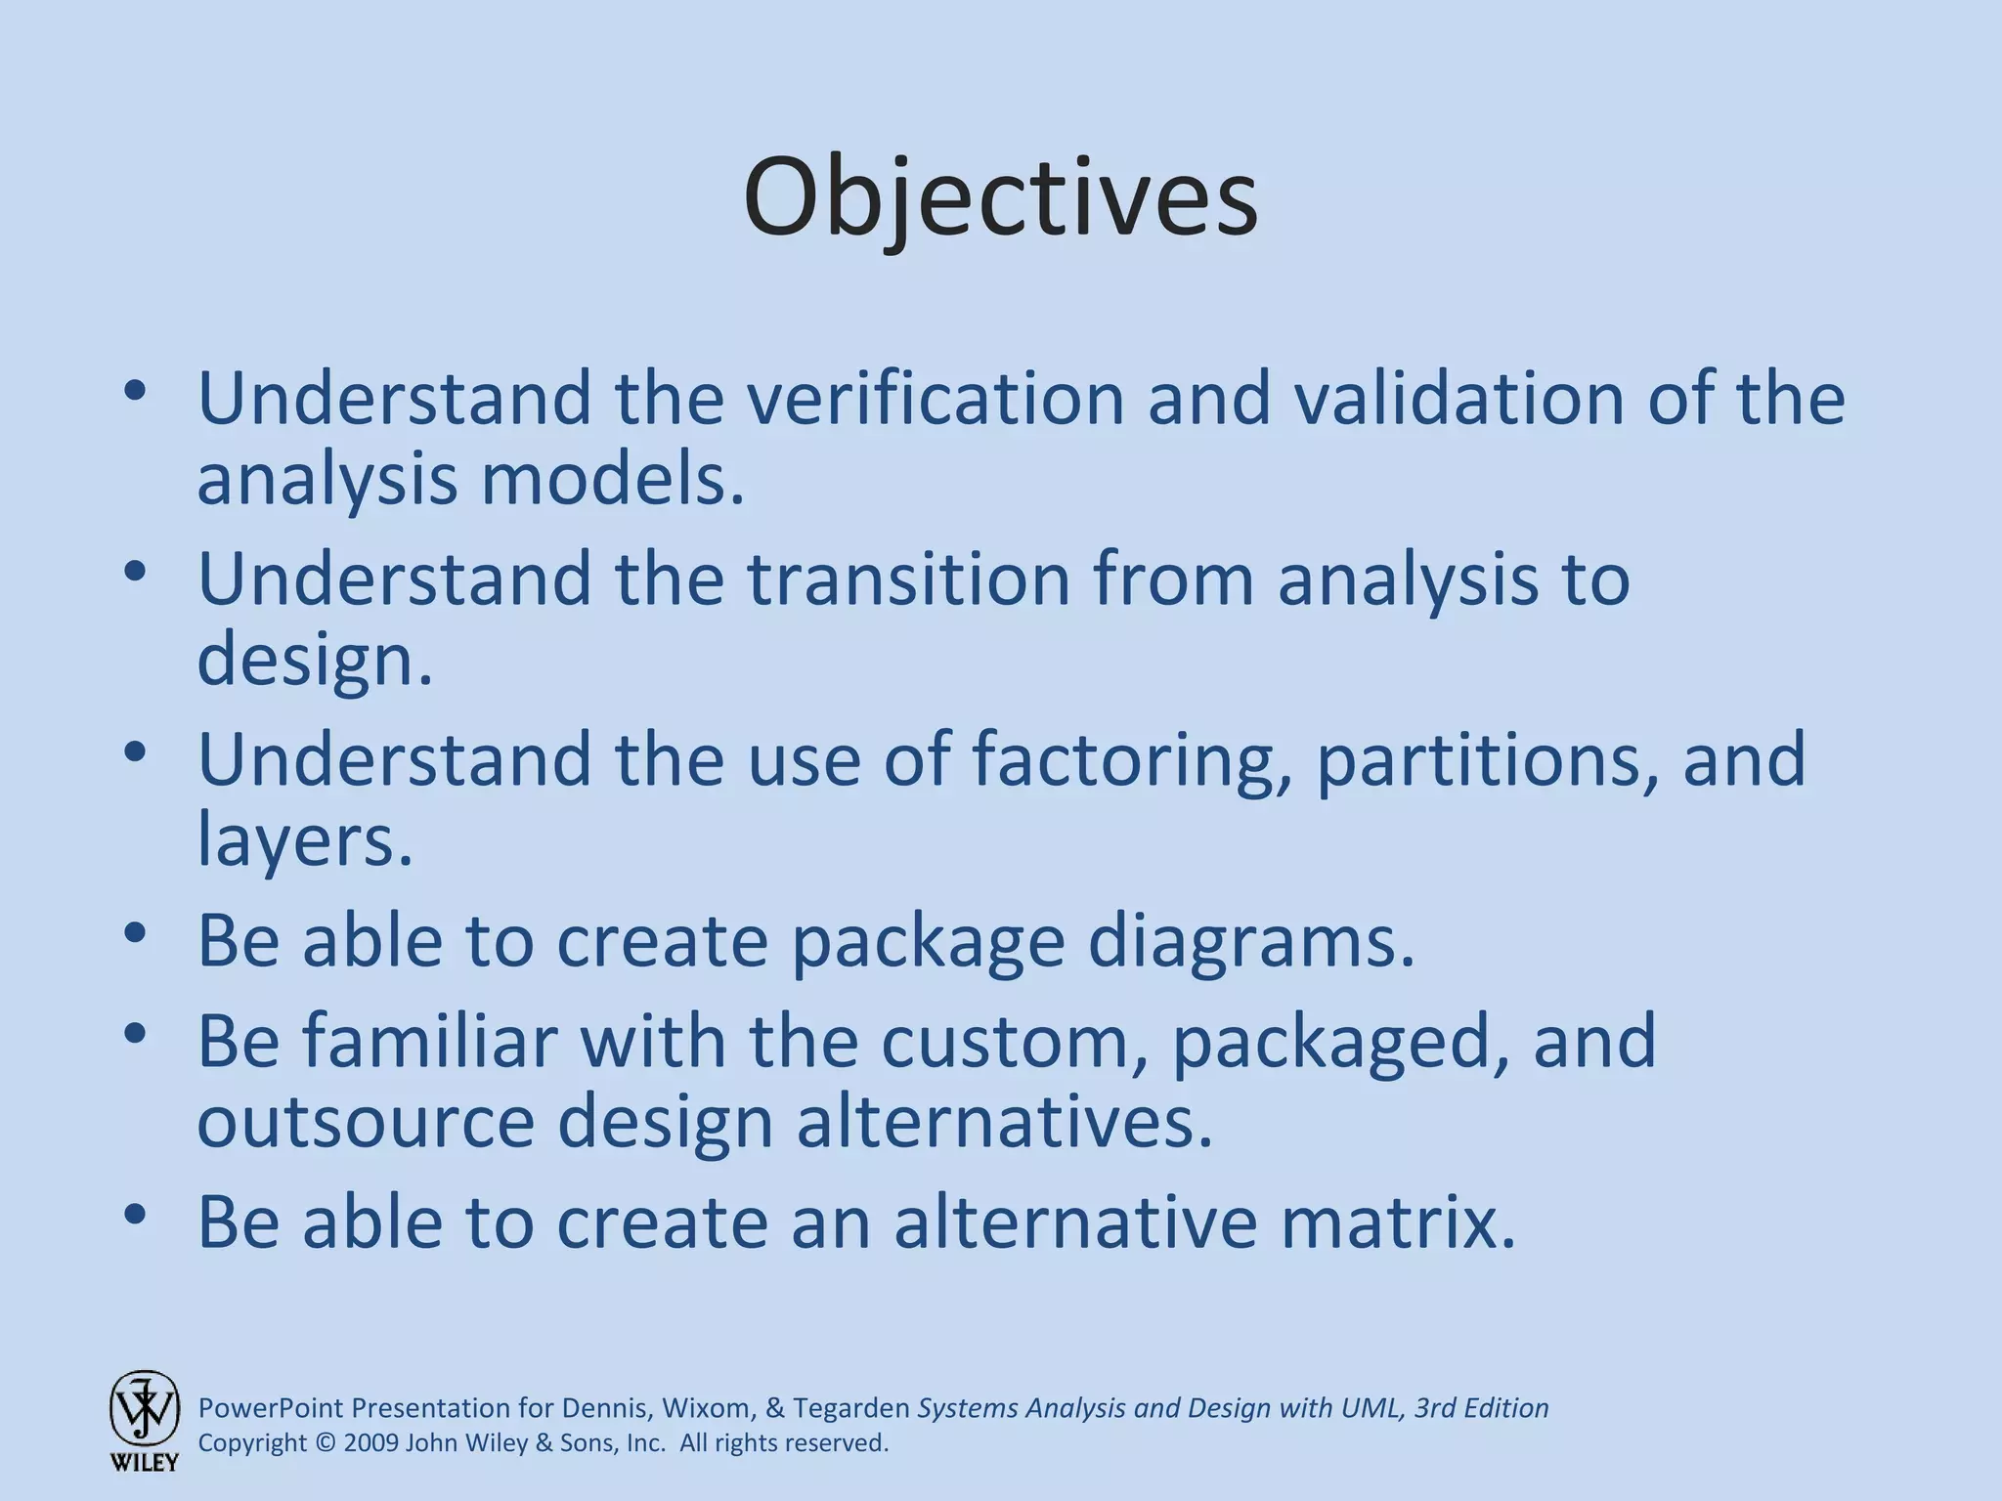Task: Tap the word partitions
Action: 1487,760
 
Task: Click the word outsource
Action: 366,1123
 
